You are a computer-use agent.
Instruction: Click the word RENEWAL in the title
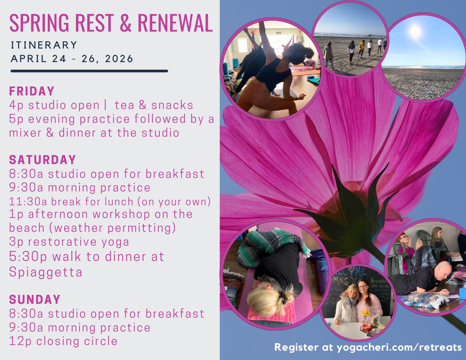point(175,23)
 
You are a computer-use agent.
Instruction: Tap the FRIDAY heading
point(32,91)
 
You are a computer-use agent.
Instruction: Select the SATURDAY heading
point(42,160)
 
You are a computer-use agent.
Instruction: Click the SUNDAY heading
point(35,299)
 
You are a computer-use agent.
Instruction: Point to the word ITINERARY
point(44,45)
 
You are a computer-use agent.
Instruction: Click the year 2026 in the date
point(119,58)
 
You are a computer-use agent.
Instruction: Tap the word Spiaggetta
point(46,272)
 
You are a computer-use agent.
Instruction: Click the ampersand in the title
point(125,23)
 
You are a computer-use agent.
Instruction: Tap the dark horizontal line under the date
point(89,71)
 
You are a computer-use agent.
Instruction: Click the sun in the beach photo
point(415,31)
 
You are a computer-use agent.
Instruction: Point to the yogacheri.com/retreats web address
point(399,347)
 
